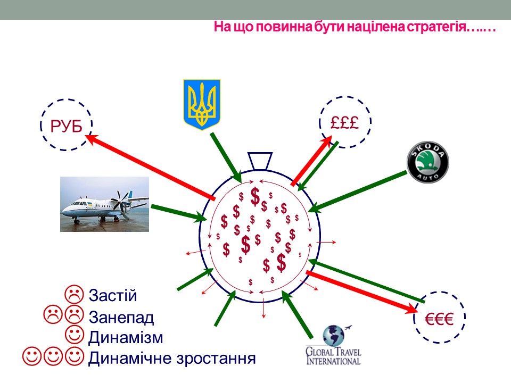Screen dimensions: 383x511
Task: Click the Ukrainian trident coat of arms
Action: click(x=201, y=104)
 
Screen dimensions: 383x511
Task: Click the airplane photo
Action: click(x=104, y=204)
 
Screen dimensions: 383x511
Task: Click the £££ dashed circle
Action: click(x=345, y=122)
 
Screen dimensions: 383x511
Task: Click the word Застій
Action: click(x=113, y=295)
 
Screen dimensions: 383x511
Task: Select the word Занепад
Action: click(x=121, y=317)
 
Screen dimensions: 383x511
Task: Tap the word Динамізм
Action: click(x=126, y=337)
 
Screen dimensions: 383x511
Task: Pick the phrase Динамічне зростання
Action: click(x=171, y=358)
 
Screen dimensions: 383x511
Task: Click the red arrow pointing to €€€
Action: click(x=362, y=292)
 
